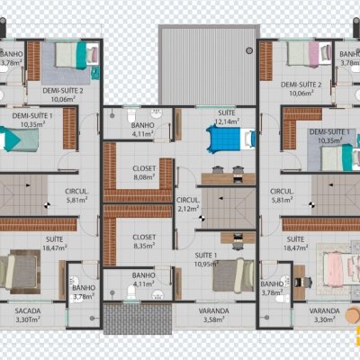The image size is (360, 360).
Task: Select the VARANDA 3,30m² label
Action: [324, 314]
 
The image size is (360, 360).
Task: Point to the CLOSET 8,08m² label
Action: [144, 173]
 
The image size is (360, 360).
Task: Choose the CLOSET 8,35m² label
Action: [144, 240]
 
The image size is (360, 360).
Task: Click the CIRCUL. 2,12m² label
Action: [187, 204]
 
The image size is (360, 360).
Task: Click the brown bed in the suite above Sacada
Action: [20, 271]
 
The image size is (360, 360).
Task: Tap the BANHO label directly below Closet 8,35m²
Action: [144, 279]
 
